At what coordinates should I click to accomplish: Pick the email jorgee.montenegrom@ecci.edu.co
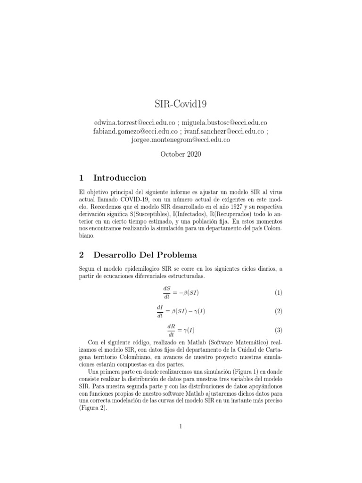[181, 140]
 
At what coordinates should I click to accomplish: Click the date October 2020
[181, 155]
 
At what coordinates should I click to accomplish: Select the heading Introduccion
[120, 178]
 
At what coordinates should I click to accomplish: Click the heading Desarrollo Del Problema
[145, 255]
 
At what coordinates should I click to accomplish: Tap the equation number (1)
[278, 293]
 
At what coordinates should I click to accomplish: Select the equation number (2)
[278, 311]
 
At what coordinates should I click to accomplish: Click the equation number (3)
[278, 330]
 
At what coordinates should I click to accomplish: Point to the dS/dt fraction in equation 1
[166, 293]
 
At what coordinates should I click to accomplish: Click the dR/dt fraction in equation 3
[171, 330]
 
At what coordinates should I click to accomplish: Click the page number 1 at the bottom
[181, 427]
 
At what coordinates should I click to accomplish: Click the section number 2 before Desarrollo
[81, 255]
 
